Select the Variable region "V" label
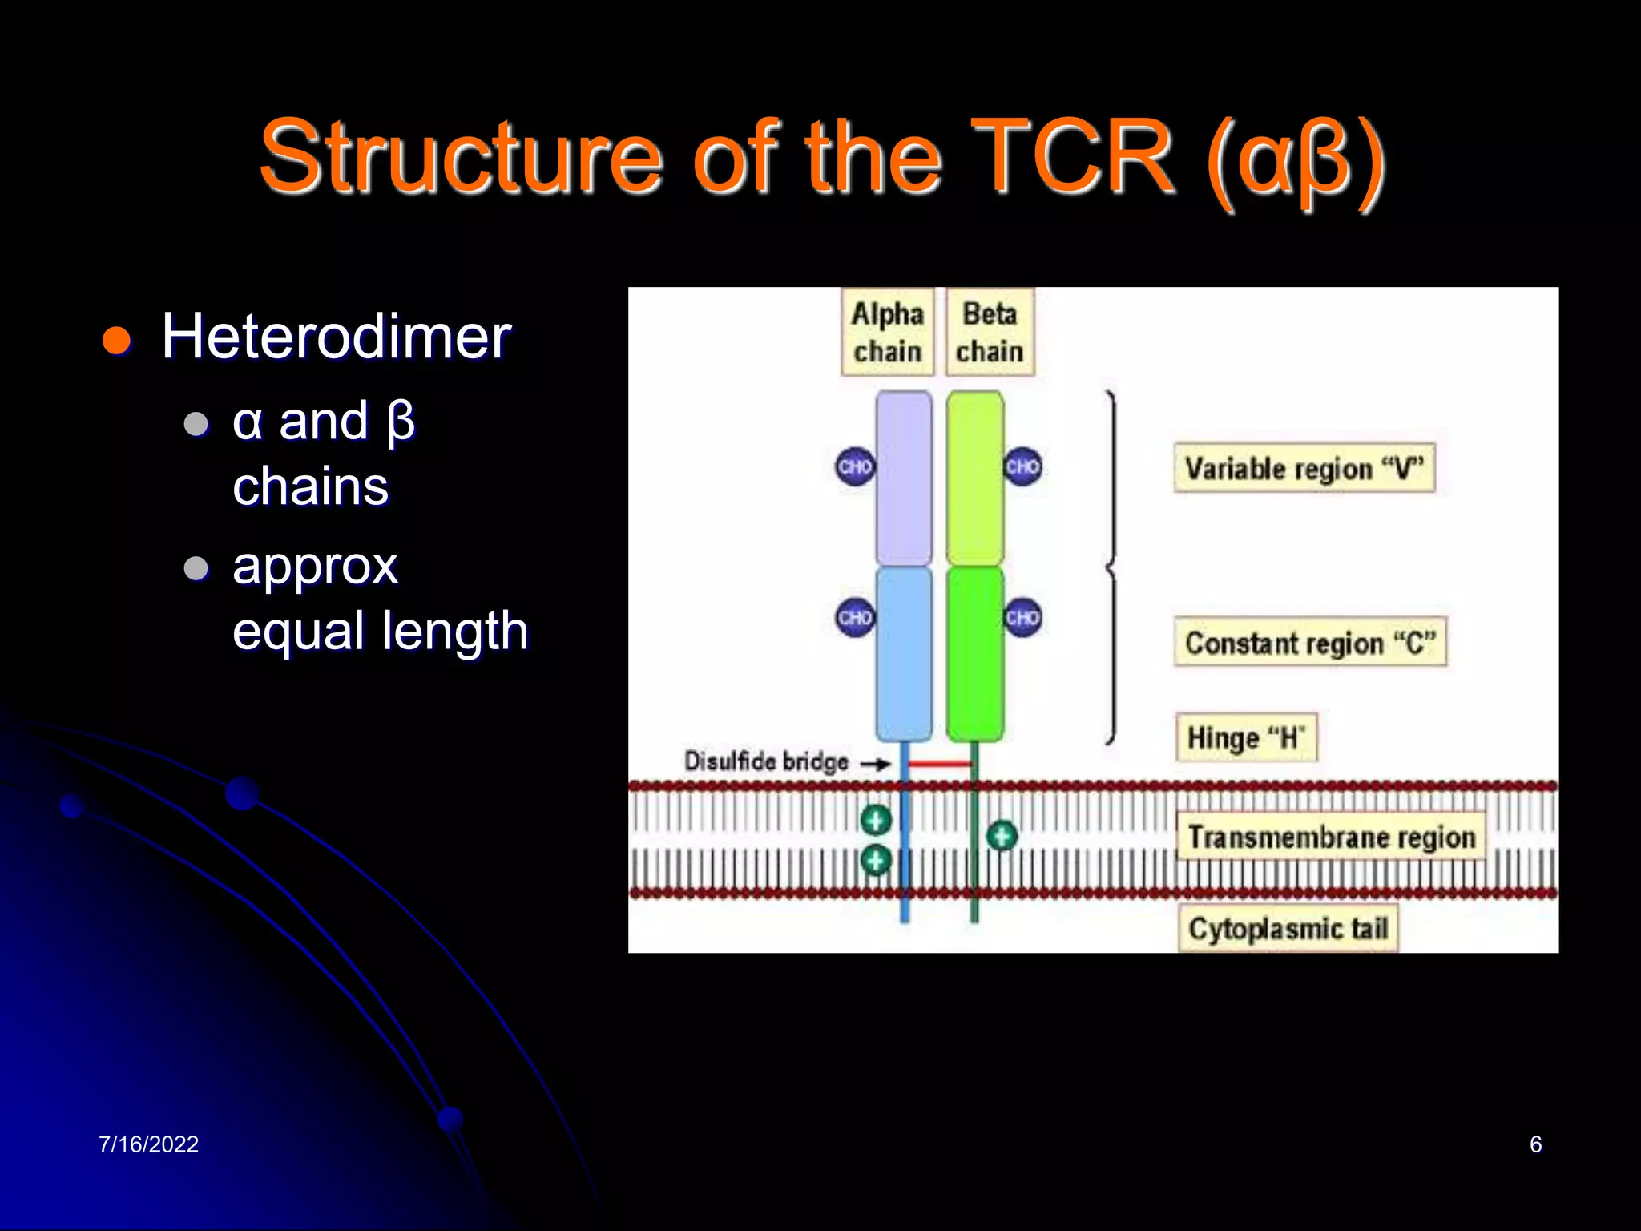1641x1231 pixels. click(x=1304, y=467)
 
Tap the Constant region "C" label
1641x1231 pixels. click(x=1310, y=642)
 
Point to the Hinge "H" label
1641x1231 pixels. click(x=1246, y=737)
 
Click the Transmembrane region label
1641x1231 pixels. click(x=1331, y=836)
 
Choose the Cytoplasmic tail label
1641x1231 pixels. click(x=1288, y=928)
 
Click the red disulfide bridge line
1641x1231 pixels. click(x=939, y=764)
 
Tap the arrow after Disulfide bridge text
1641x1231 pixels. click(x=875, y=764)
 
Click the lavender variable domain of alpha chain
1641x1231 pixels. click(x=904, y=478)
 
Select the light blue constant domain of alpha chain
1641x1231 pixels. click(x=904, y=653)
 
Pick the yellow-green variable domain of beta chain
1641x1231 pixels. click(x=974, y=478)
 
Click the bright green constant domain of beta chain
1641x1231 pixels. click(x=974, y=653)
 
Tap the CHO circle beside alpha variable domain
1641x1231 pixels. click(x=855, y=466)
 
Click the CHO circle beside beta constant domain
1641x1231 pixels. click(x=1023, y=617)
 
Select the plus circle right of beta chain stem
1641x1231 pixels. click(x=1002, y=836)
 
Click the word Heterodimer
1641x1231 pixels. click(x=336, y=337)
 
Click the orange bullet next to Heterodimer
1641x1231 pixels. click(x=117, y=340)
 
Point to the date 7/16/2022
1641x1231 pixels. click(x=148, y=1144)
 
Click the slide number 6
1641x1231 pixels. click(x=1535, y=1144)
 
